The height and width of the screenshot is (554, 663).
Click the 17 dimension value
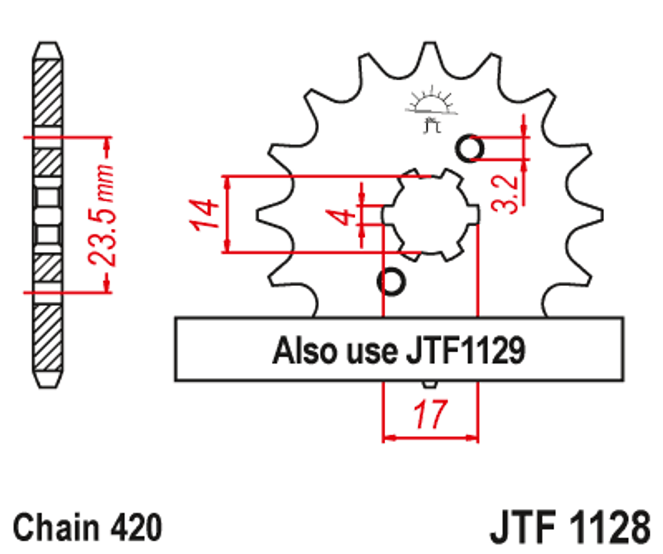click(x=430, y=415)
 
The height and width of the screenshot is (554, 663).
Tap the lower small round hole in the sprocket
click(x=391, y=282)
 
